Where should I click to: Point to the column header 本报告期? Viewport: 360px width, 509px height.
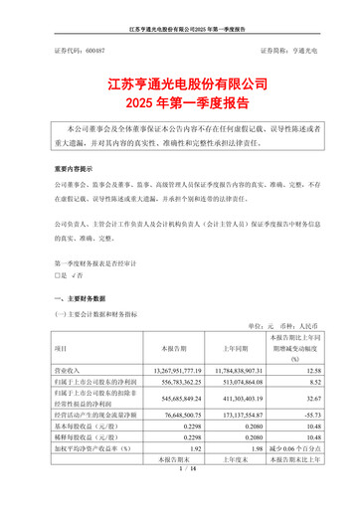(159, 350)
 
